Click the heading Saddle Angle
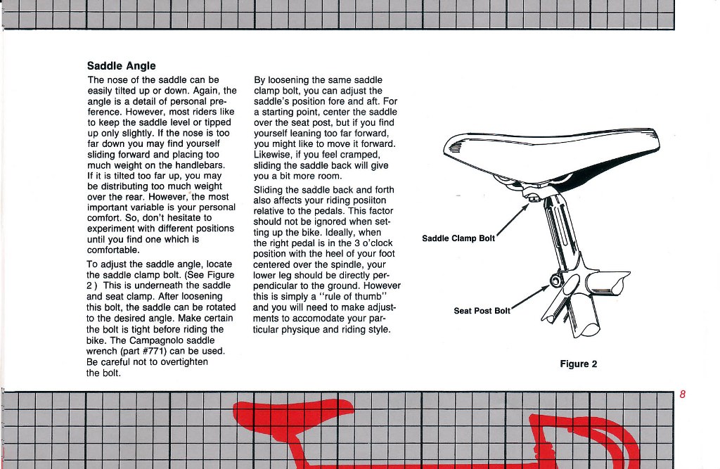(121, 66)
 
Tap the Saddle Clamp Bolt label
(458, 238)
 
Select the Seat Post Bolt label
(482, 311)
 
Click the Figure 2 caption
(578, 364)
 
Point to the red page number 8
(682, 394)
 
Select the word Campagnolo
(146, 340)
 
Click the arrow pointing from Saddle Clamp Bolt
(513, 217)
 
